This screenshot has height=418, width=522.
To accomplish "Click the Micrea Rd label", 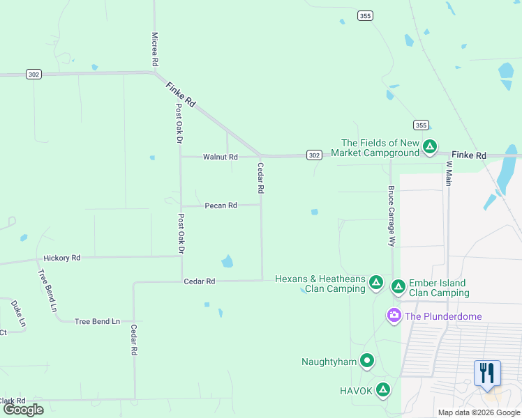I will click(x=155, y=49).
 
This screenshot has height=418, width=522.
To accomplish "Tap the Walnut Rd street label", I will click(x=221, y=157).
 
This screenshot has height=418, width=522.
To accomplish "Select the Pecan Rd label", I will click(x=221, y=206).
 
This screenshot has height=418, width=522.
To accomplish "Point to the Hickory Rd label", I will click(x=61, y=258).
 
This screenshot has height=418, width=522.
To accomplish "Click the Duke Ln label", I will click(x=18, y=313).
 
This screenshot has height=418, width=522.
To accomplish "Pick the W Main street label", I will click(x=449, y=173).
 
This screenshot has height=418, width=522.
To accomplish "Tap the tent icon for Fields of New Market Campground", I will click(x=431, y=147).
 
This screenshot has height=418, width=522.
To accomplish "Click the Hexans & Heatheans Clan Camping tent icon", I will click(x=375, y=282).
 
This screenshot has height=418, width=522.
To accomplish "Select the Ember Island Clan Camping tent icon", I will click(x=398, y=286).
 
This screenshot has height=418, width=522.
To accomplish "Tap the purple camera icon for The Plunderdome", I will click(x=394, y=316).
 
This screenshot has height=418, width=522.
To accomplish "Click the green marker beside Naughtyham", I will click(x=367, y=361).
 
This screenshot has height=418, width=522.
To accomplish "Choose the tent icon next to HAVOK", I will click(x=382, y=390).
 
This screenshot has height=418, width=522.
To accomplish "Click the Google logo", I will click(x=23, y=410).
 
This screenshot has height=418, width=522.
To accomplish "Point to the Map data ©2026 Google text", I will click(x=478, y=412).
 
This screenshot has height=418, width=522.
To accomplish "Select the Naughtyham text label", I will click(x=329, y=362).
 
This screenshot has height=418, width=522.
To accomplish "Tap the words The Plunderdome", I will click(x=443, y=316).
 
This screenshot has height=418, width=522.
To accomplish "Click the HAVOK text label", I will click(x=356, y=391).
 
